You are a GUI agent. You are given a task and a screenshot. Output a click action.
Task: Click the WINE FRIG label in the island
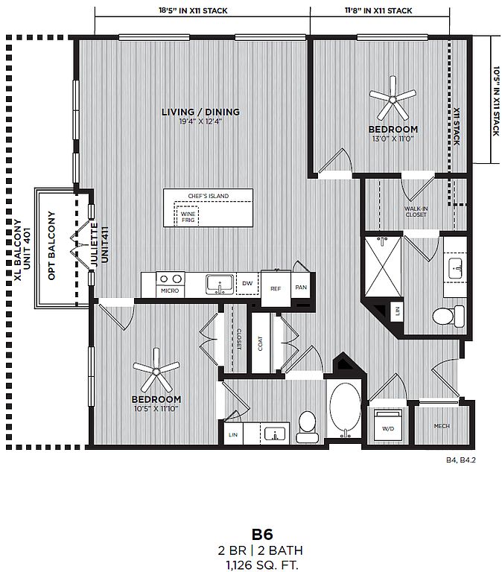point(188,217)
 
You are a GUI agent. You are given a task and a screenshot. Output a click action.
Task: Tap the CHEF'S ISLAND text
point(209,196)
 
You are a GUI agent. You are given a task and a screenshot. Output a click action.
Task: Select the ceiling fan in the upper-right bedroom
point(393,98)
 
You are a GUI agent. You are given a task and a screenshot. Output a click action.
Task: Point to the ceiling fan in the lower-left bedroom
point(156,370)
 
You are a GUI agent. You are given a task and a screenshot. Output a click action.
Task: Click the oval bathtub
point(345,409)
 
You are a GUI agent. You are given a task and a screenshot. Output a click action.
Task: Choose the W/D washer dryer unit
point(388,425)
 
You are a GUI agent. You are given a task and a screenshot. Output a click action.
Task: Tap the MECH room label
point(442,426)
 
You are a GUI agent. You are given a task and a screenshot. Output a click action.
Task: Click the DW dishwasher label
point(247,283)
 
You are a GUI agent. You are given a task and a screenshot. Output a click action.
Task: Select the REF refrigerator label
point(276,288)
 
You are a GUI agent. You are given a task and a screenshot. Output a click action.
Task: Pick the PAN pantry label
point(301,287)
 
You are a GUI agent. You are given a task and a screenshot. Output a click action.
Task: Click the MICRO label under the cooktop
point(170,290)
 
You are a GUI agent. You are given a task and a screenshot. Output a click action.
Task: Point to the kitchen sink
point(220,285)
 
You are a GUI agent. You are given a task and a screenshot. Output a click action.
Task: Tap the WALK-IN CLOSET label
point(416,212)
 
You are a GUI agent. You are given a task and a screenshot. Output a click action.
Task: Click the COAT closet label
point(260,343)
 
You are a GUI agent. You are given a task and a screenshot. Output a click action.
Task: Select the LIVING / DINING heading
point(200,112)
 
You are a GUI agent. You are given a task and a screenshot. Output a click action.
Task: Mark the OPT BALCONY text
point(51,246)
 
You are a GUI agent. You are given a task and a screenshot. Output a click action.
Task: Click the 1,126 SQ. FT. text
point(262,565)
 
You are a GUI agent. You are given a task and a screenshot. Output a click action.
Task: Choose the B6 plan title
point(262,535)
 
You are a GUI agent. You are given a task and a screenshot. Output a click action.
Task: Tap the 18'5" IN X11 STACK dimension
point(193,10)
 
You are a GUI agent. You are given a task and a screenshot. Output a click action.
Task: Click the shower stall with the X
point(383,267)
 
